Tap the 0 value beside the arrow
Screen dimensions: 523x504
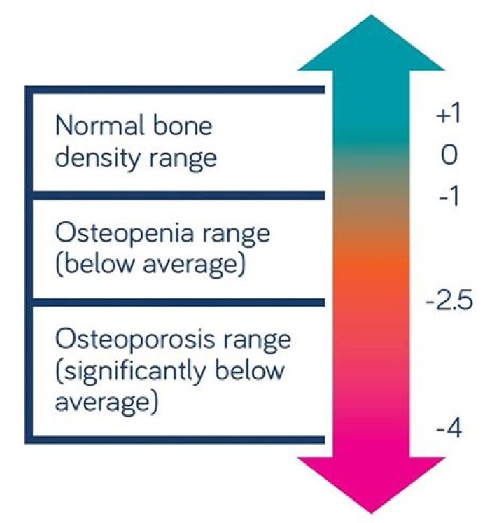[449, 155]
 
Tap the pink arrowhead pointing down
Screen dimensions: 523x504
[371, 483]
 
